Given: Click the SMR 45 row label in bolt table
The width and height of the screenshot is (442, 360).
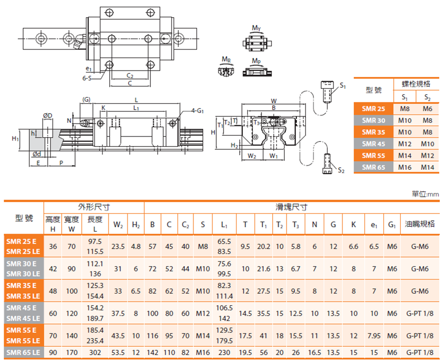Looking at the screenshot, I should point(373,144).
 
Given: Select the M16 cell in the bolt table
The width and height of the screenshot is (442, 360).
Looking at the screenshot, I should point(405,167).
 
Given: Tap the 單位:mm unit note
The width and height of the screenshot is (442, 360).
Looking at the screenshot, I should point(425,194).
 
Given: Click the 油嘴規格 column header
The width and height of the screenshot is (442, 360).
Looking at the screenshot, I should point(419,224).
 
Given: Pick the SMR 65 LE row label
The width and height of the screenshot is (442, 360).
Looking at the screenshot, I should point(23,352).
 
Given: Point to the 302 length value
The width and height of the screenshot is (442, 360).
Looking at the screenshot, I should point(95,352).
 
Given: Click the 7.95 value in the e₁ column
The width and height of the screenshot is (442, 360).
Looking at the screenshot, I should point(373,336).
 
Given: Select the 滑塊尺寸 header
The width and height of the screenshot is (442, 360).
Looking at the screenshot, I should point(292,207).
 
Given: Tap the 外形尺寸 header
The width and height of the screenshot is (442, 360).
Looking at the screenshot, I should point(94,207).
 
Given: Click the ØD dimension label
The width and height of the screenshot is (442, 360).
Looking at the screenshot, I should point(48,115).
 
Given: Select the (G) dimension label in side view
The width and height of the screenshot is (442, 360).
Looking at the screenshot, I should point(86,100).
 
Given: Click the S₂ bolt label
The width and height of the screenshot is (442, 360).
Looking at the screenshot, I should point(341,170).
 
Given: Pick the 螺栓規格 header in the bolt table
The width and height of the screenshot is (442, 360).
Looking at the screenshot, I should point(416,84).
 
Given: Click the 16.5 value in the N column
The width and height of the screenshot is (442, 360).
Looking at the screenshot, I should point(314,352).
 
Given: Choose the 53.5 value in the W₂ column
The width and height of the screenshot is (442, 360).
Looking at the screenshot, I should point(118,352).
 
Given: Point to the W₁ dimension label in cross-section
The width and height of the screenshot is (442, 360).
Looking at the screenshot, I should point(273,156).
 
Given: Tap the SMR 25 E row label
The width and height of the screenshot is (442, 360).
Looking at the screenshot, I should point(23,241).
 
